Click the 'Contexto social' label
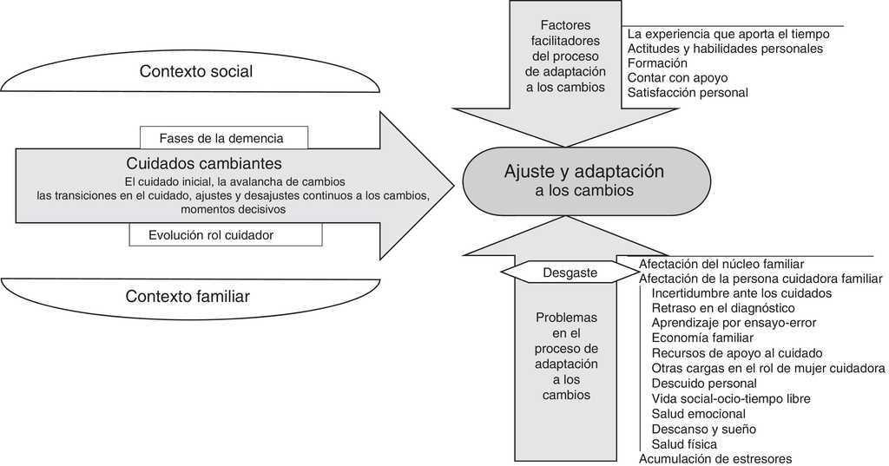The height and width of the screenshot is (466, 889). point(196,72)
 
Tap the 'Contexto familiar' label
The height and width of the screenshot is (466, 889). point(188,297)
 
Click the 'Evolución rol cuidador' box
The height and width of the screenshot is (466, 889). point(224,234)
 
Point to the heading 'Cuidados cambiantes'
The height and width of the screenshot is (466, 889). point(203,163)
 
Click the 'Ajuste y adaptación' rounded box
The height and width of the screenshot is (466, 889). point(583,180)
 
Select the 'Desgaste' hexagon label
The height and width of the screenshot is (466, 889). point(570,272)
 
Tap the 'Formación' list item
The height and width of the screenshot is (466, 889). point(657,63)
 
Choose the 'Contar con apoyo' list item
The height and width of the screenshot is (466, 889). point(677,78)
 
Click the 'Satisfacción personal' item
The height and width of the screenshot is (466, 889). point(687,93)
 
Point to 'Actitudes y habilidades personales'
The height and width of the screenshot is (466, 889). point(724,49)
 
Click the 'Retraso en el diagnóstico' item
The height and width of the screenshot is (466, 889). point(723,308)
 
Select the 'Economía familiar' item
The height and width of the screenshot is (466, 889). point(702,338)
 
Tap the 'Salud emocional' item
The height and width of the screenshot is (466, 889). point(698,414)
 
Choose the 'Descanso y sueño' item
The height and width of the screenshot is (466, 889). point(703,429)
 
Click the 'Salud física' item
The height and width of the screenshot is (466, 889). point(684,443)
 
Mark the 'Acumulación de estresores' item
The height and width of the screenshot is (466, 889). point(715,458)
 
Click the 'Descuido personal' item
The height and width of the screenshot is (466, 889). point(704,384)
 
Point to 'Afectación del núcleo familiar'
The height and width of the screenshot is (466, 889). point(721,264)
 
